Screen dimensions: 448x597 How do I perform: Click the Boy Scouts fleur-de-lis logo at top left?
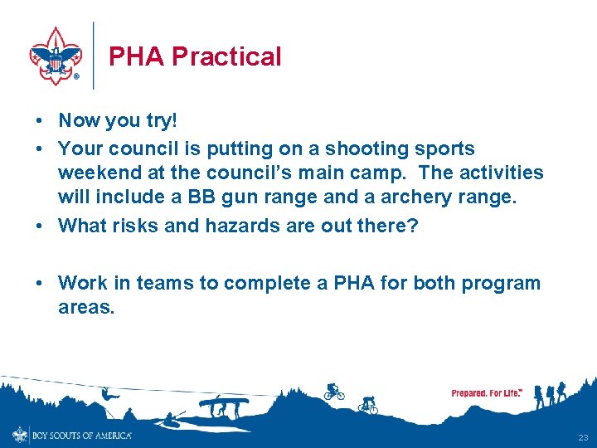coord(56,55)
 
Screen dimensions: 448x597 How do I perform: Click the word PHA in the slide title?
coord(136,56)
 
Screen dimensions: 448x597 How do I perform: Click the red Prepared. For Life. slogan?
coord(487,392)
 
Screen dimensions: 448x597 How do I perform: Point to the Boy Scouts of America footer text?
coord(80,436)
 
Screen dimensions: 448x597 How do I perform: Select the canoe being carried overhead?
coord(223,404)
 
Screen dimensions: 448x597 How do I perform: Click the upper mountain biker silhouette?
coord(334,391)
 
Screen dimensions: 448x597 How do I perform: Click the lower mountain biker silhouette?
coord(368,405)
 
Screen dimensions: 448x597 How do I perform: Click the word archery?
coord(424,197)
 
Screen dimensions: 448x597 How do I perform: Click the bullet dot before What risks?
coord(40,226)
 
